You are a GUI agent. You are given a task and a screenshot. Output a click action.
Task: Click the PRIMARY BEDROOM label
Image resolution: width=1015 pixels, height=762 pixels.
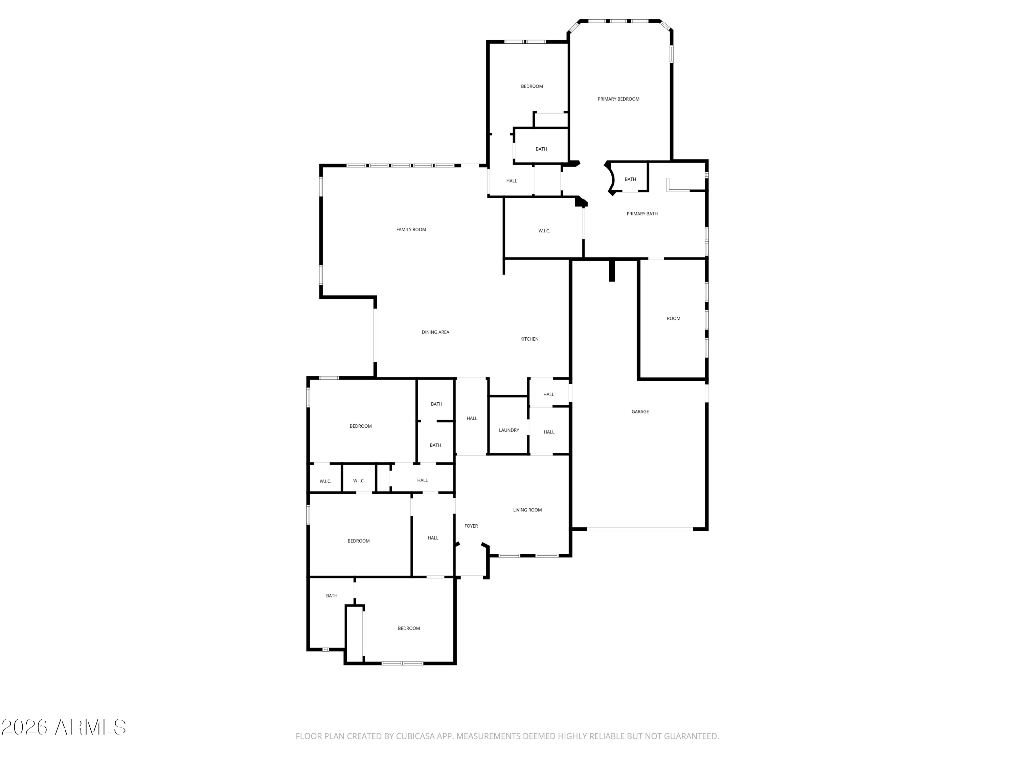(x=618, y=99)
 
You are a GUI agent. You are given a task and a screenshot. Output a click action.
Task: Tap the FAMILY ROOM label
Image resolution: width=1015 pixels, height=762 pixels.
(x=411, y=230)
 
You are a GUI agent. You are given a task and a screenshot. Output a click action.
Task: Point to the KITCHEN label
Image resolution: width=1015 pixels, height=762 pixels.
(x=529, y=339)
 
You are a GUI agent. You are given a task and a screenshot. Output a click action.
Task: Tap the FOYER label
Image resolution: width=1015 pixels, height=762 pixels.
(x=471, y=526)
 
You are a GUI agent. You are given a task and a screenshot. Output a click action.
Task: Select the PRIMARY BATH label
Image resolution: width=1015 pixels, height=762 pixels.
(x=642, y=214)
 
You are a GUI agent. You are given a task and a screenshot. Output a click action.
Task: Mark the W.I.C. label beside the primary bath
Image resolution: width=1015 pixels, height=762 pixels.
(x=544, y=231)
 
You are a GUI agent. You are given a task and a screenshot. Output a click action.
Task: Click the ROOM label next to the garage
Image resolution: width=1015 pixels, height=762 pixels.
(x=673, y=319)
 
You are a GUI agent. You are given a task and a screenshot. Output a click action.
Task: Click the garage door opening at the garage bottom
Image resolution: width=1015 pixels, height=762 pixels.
(x=640, y=530)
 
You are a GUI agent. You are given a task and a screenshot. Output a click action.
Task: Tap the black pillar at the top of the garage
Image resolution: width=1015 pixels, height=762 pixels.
(x=611, y=271)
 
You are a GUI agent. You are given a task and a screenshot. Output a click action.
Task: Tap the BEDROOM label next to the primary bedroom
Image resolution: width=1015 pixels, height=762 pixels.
(x=532, y=86)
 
